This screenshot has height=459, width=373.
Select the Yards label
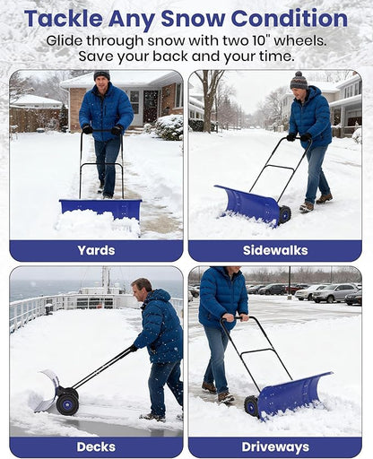tap(96, 250)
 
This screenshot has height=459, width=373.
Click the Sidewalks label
tap(275, 250)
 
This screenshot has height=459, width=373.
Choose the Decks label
tap(96, 446)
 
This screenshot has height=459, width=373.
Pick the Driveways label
tap(275, 446)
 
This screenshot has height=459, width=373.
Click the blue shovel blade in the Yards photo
tap(100, 208)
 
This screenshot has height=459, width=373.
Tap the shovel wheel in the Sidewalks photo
tap(285, 214)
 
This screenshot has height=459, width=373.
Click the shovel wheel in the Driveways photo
tap(252, 405)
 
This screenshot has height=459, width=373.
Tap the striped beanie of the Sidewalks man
tap(299, 80)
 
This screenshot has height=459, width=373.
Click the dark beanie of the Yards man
tap(101, 75)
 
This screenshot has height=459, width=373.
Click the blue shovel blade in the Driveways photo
tap(293, 393)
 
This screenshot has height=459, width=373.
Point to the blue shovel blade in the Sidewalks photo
tap(247, 204)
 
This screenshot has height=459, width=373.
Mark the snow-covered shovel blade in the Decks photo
tap(47, 392)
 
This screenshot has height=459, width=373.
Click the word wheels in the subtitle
tap(299, 40)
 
